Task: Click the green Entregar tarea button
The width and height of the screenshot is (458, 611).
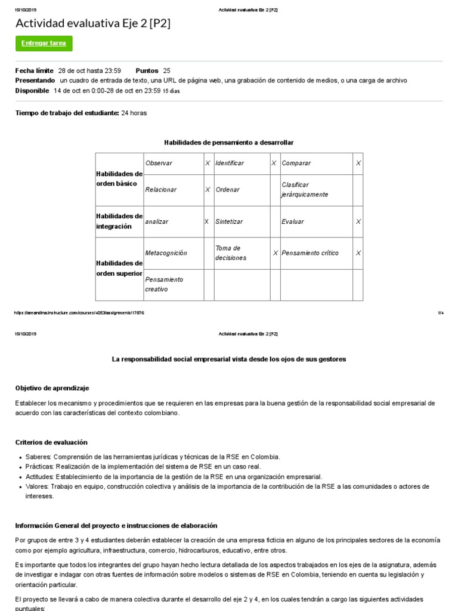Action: [x=44, y=44]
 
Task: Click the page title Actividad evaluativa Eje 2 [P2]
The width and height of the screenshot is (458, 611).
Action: [x=92, y=23]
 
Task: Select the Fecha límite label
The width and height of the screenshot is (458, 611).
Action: [x=34, y=70]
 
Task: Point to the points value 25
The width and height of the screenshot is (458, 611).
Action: [x=166, y=70]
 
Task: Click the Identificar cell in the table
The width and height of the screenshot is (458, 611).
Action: [x=230, y=163]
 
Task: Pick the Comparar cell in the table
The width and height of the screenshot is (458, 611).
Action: [x=296, y=163]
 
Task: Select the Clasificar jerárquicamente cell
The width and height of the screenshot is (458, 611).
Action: [x=305, y=190]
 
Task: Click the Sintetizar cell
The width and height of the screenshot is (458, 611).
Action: [x=229, y=221]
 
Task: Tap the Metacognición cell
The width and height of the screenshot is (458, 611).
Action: [x=166, y=253]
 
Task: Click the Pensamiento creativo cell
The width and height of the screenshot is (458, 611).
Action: [x=164, y=284]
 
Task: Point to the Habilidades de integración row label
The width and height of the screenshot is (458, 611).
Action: [x=119, y=221]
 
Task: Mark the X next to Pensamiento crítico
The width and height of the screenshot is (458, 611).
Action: [x=358, y=253]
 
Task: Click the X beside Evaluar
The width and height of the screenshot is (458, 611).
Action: [x=358, y=221]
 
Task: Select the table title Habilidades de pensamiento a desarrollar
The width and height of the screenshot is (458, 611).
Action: [x=228, y=142]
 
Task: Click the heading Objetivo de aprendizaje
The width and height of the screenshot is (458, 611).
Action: [x=52, y=388]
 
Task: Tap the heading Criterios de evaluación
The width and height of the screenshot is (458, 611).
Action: [x=51, y=442]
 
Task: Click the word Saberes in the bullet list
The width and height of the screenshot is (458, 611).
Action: [x=39, y=457]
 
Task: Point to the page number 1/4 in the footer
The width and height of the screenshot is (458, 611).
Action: [x=440, y=313]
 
